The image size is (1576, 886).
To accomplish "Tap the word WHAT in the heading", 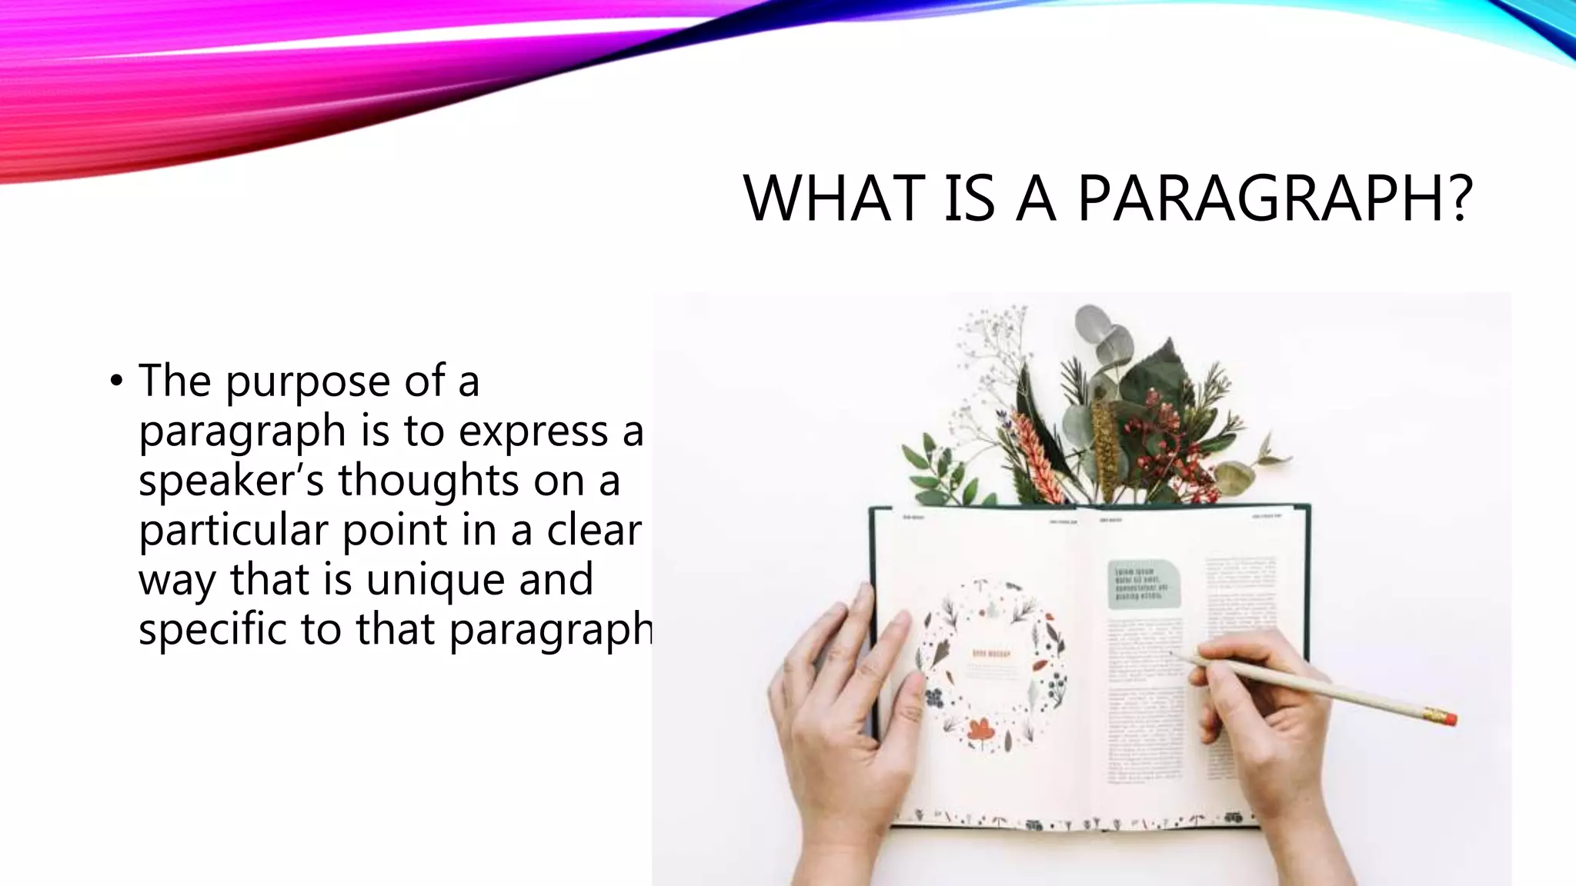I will click(x=834, y=198).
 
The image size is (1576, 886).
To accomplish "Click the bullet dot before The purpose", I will click(x=116, y=380).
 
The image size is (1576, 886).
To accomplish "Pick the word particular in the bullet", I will click(x=233, y=530).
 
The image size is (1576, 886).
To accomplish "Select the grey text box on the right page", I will click(x=1144, y=585).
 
